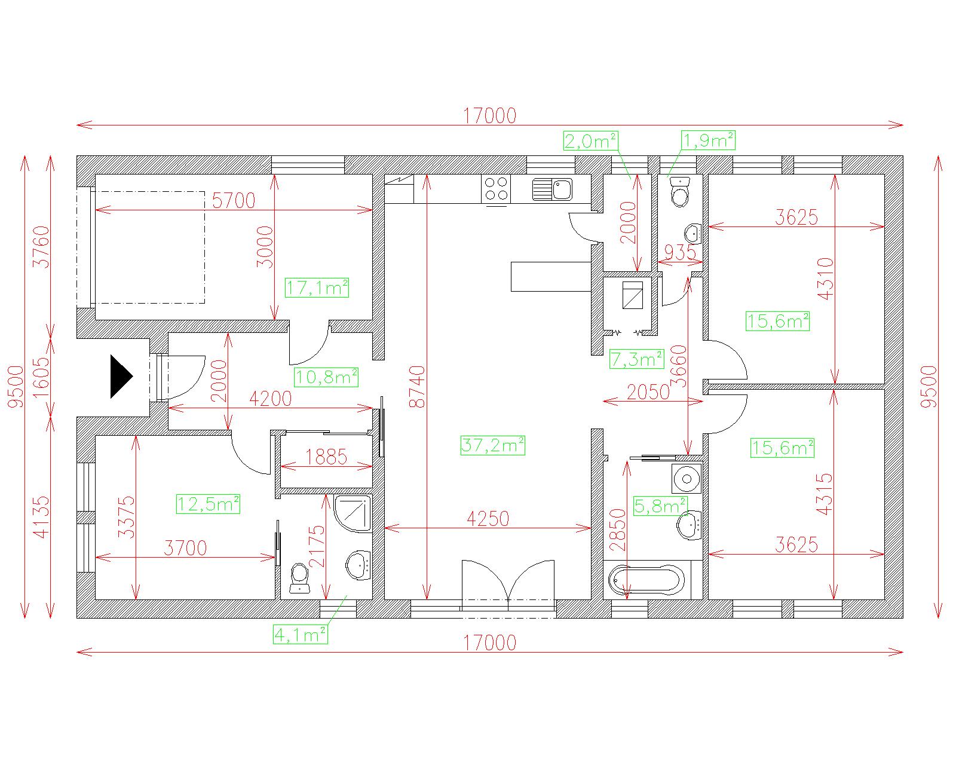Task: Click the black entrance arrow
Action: pos(121,377)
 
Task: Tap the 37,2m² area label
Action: pos(493,445)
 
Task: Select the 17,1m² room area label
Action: pos(317,287)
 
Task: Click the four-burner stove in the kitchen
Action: pos(496,189)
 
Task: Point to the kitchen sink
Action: pos(553,189)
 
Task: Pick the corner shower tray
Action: pos(353,513)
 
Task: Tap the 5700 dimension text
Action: pos(234,201)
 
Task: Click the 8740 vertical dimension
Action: pos(417,387)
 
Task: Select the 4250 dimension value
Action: pos(488,519)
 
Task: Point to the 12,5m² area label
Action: pos(208,504)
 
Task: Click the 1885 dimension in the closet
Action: pos(326,457)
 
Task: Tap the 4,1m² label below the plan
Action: pos(301,634)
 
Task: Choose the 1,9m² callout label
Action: pos(709,140)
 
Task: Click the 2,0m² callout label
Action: pos(591,141)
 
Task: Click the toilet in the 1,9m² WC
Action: pos(679,192)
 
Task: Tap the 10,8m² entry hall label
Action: pos(326,377)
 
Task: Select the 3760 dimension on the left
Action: pos(41,247)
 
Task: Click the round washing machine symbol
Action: pos(687,479)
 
